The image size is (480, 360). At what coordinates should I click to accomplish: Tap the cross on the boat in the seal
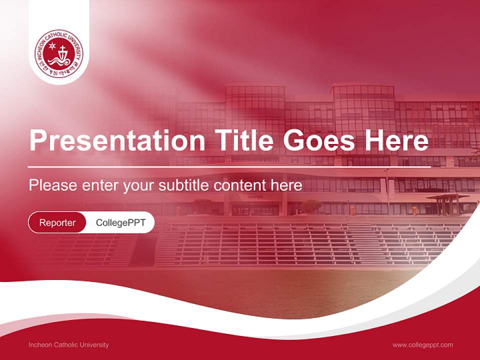point(63,50)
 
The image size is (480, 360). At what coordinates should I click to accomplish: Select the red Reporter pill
point(57,222)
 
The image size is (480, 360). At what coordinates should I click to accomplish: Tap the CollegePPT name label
point(120,222)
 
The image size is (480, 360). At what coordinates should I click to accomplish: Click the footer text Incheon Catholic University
point(68,345)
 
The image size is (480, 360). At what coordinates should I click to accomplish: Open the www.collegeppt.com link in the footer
point(422,345)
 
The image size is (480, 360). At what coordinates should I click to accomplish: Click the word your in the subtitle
point(140,186)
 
